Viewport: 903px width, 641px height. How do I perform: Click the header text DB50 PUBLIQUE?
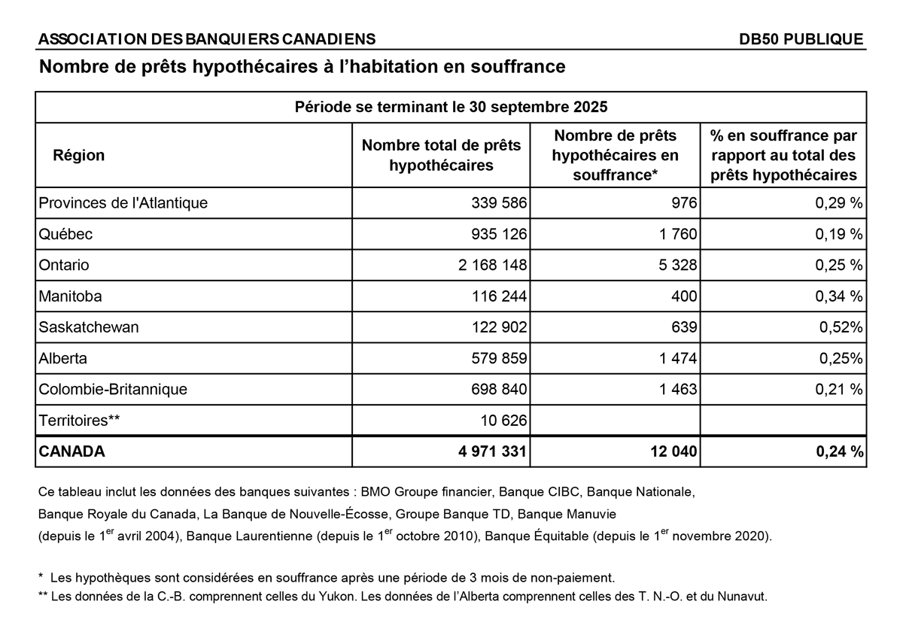coord(801,40)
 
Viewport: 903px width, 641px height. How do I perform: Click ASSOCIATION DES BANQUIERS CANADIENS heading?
coord(207,40)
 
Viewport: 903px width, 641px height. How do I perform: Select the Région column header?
coord(79,156)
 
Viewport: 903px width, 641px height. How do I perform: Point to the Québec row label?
coord(65,235)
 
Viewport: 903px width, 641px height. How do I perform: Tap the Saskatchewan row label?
coord(89,327)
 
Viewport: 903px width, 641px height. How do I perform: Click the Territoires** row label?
coord(80,421)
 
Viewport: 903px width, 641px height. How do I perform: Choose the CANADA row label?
coord(72,452)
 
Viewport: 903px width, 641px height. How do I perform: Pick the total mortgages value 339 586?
coord(497,203)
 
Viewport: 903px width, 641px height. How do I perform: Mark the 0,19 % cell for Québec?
coord(839,235)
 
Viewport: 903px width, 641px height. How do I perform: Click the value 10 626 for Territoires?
coord(502,421)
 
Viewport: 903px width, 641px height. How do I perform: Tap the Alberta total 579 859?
coord(497,359)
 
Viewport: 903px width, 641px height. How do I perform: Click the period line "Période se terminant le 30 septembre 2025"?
coord(451,107)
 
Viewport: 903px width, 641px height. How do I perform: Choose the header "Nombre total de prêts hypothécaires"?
coord(441,156)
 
